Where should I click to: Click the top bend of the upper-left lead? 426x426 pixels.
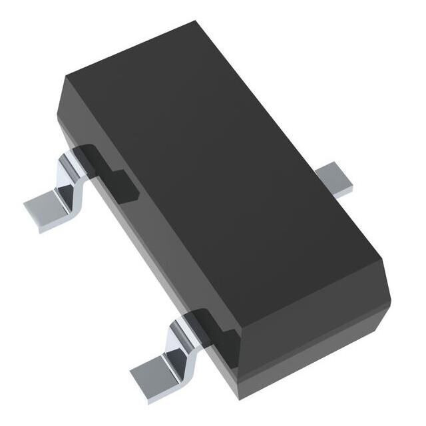[x=75, y=160]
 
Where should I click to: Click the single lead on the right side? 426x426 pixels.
[x=336, y=180]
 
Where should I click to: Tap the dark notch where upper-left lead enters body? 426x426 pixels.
[x=110, y=170]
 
